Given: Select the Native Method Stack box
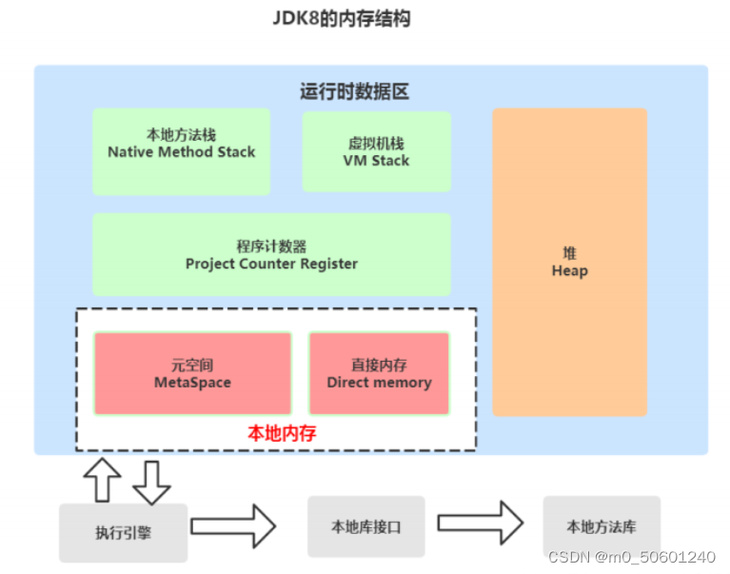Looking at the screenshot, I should coord(181,151).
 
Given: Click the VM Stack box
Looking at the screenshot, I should coord(376,152).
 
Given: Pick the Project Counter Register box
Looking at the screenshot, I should coord(271,254).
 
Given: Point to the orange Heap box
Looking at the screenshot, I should coord(569,262).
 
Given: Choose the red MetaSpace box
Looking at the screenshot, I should coord(192,373).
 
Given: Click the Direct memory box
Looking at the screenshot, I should coord(379,373).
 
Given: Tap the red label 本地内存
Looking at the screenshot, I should coord(282,432).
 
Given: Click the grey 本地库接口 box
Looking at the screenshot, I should coord(366,526).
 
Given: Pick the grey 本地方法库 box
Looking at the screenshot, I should coord(601,526).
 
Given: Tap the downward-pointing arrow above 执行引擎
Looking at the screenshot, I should coord(150,481).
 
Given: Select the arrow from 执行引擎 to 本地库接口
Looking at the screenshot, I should coord(233,525).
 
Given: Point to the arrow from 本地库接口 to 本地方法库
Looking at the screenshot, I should coord(481,524).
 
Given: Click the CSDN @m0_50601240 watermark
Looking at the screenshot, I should coord(632,557).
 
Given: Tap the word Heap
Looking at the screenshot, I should coord(569,271).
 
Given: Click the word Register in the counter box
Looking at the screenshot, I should coord(326,264).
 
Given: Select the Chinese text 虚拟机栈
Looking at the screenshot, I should coord(376,144).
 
